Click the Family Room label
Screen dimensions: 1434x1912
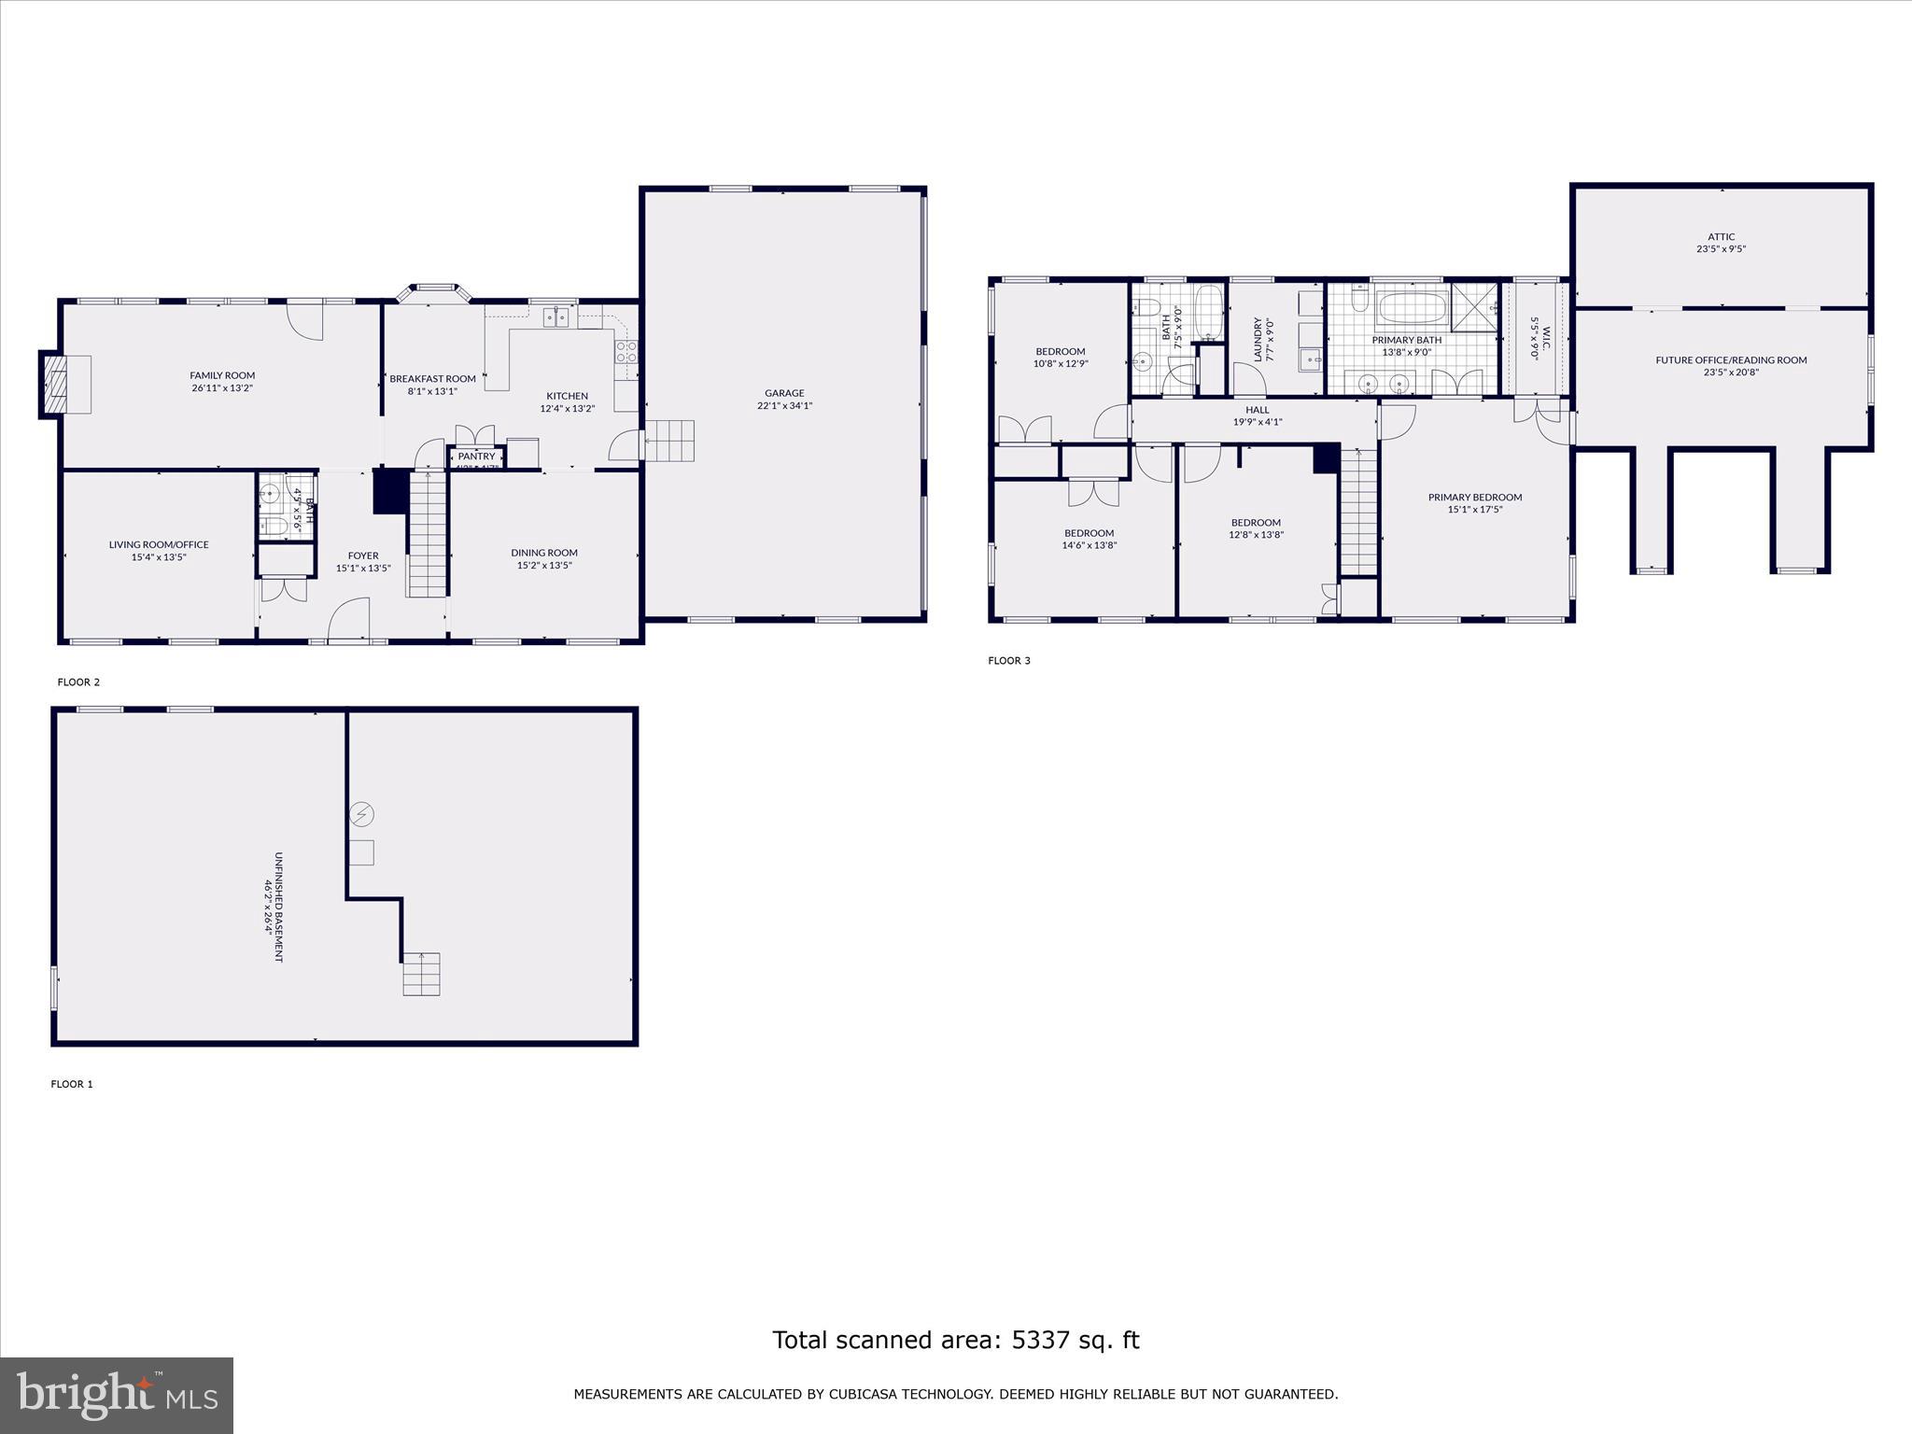(x=222, y=375)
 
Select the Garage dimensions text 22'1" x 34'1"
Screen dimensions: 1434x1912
(x=784, y=405)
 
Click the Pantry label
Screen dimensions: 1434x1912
(x=476, y=457)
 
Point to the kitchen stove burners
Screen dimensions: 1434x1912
(x=626, y=352)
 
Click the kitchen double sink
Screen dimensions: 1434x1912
(x=557, y=317)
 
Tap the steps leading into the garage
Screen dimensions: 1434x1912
(x=671, y=440)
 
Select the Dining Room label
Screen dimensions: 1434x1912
(x=544, y=553)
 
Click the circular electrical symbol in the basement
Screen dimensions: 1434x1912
(x=362, y=815)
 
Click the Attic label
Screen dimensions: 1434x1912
(x=1722, y=237)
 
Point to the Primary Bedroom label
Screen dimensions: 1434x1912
(x=1475, y=497)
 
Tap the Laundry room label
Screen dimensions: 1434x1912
(x=1258, y=339)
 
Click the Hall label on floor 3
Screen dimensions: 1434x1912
(x=1258, y=410)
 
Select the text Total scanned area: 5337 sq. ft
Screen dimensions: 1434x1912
(x=955, y=1340)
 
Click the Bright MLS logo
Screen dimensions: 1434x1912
(x=117, y=1396)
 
